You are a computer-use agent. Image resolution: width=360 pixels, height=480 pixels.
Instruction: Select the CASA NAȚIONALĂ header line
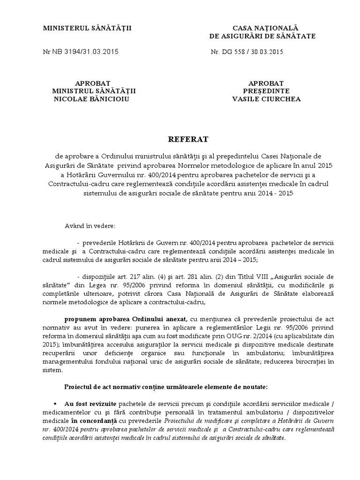pos(262,29)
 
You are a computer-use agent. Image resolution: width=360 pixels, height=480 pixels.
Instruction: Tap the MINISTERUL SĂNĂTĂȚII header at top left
pos(88,29)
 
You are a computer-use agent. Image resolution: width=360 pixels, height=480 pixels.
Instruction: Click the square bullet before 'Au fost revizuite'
pos(55,404)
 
